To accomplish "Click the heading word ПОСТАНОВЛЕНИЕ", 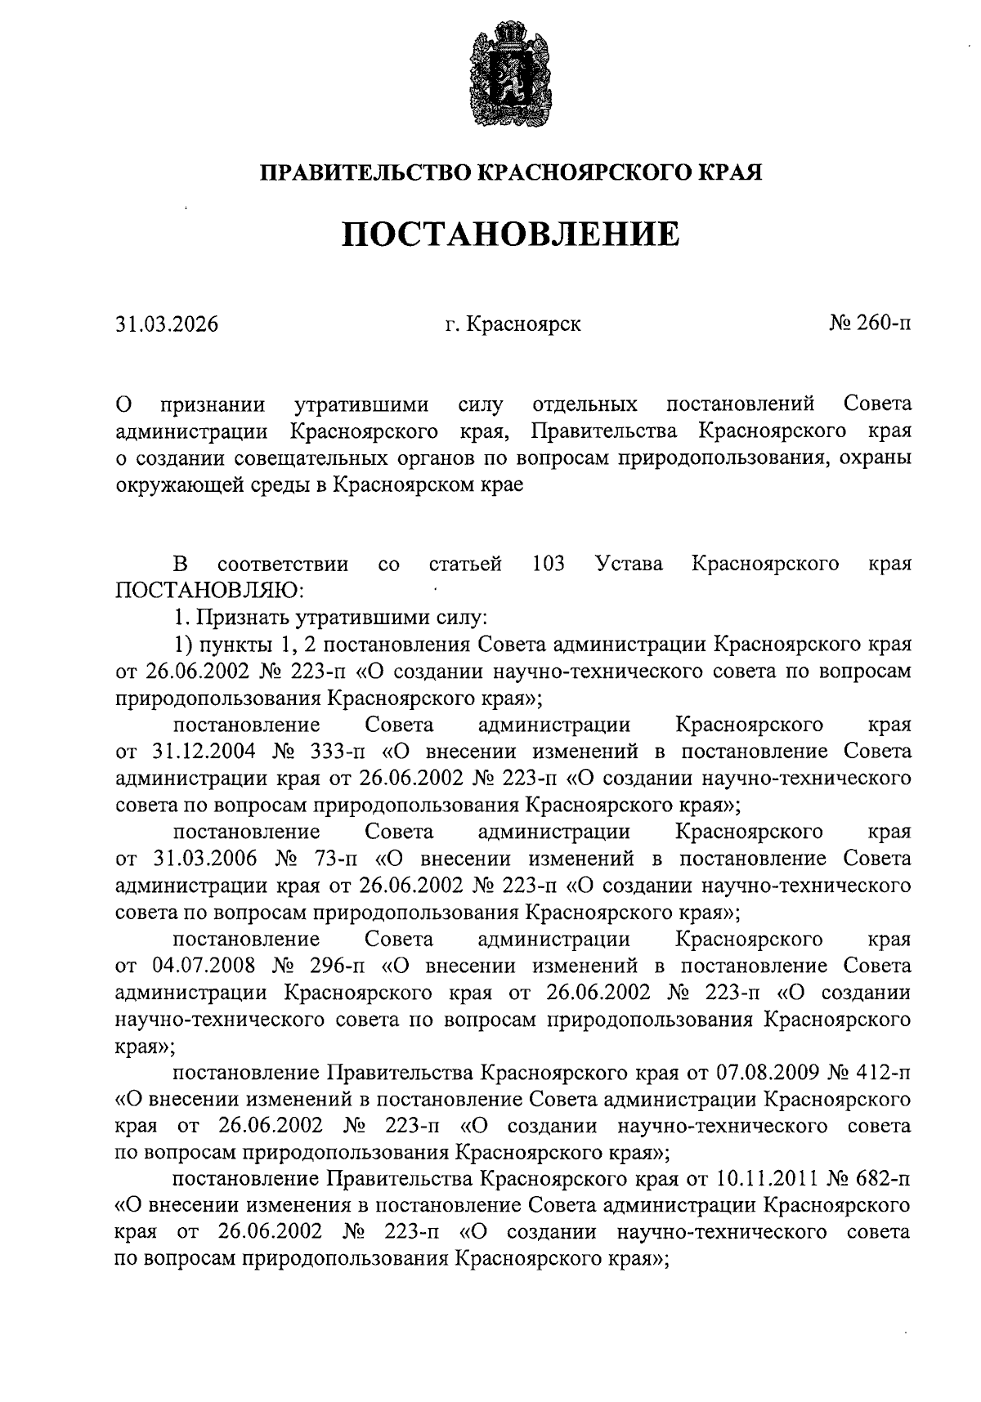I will coord(510,234).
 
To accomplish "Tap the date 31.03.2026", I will coord(167,324).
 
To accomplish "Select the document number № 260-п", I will coord(869,324).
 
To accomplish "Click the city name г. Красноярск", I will coord(513,324).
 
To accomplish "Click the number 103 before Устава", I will coord(548,564).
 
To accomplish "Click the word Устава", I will coord(629,564).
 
